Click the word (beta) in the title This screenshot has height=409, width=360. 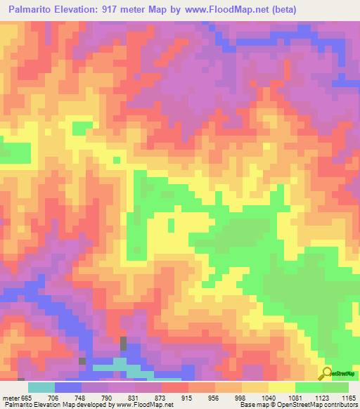click(281, 10)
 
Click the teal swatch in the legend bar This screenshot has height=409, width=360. click(41, 387)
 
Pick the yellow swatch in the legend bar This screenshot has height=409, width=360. click(282, 387)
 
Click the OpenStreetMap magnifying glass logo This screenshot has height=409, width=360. click(328, 372)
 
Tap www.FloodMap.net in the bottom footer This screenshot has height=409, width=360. click(148, 405)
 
